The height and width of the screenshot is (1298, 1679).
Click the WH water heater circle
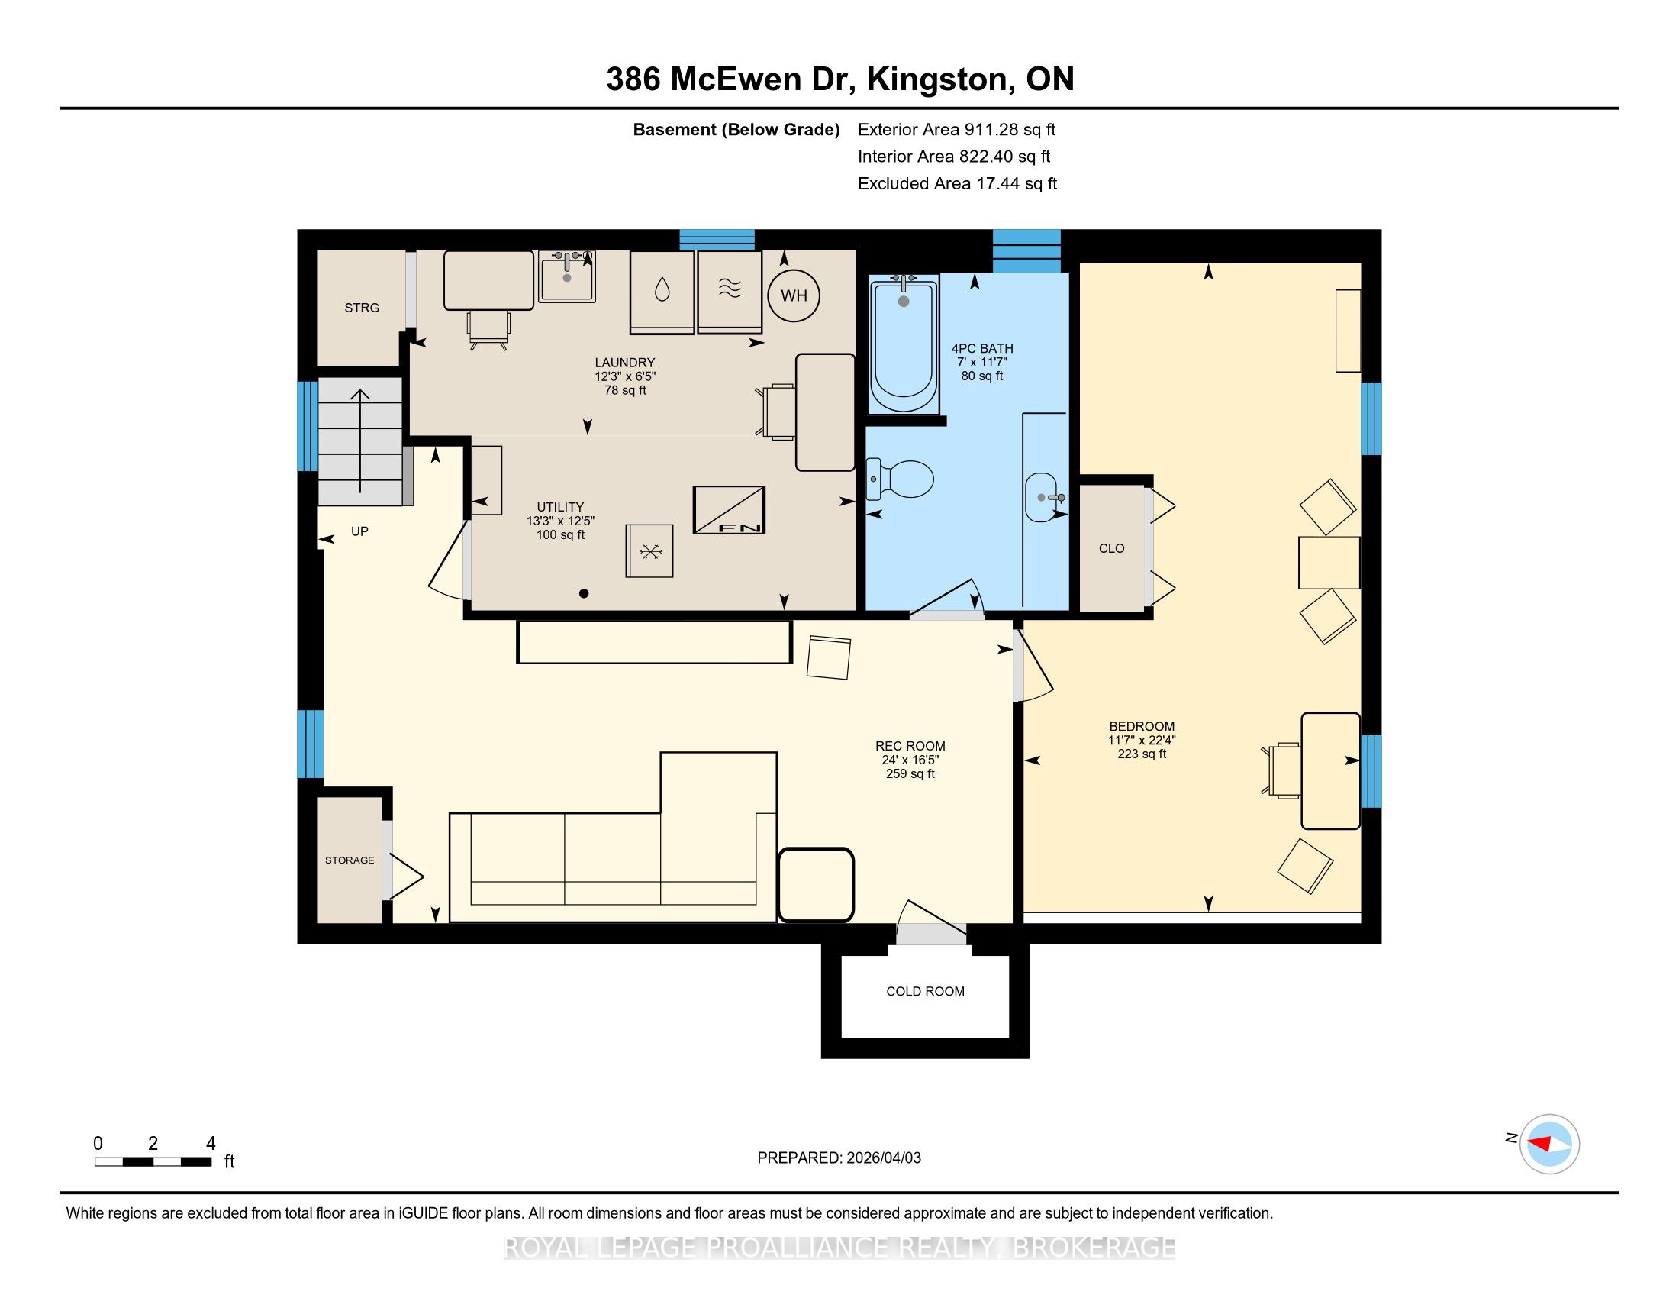[x=794, y=295]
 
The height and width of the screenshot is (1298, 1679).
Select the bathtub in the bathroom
[x=904, y=344]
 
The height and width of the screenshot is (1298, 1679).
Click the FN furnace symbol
[x=729, y=509]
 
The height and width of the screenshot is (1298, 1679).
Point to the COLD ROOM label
[x=925, y=991]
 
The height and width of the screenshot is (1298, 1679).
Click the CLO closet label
[x=1112, y=548]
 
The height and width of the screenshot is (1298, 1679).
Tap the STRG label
[x=361, y=308]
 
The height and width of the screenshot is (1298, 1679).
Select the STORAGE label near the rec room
[x=350, y=860]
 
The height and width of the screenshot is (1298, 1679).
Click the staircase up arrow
[x=359, y=441]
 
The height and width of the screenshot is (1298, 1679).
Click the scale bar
[x=153, y=1162]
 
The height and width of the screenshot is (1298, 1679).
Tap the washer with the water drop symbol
[x=662, y=292]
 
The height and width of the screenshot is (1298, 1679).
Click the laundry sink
[x=567, y=276]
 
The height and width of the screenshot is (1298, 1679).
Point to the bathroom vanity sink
[x=1044, y=498]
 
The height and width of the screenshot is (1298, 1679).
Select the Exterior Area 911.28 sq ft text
[x=956, y=129]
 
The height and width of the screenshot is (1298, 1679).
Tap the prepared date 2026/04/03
[x=882, y=1158]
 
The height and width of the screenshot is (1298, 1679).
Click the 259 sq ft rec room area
[x=910, y=773]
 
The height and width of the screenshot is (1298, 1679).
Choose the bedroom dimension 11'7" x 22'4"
[x=1142, y=740]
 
